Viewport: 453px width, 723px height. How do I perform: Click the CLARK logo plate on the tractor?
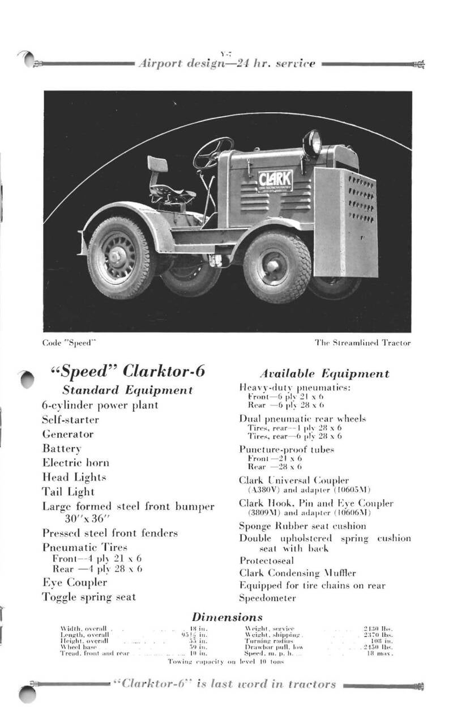[275, 182]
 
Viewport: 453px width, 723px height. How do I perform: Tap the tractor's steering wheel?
[212, 153]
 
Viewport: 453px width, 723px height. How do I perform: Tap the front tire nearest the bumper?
[277, 266]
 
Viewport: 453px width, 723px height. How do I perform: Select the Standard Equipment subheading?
[127, 390]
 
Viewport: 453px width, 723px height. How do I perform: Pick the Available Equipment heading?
[324, 373]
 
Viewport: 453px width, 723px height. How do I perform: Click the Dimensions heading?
[227, 616]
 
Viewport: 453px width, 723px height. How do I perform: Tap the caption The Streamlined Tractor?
[362, 343]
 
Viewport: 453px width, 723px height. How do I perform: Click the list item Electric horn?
[76, 462]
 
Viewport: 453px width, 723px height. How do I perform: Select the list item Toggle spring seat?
[89, 597]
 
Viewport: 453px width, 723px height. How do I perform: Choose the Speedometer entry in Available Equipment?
[267, 598]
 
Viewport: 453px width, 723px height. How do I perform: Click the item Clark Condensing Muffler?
[297, 573]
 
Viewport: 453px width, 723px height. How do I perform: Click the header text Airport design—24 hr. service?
[226, 63]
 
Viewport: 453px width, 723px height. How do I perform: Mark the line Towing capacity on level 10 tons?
[225, 661]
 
